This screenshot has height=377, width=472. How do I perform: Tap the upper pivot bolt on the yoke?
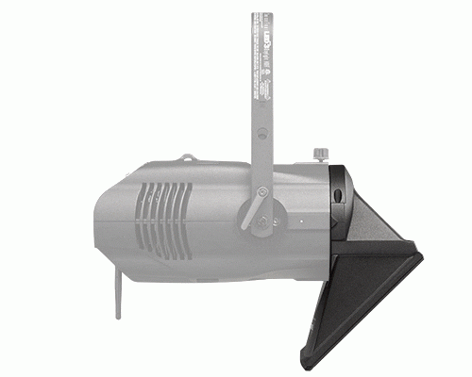coord(264,193)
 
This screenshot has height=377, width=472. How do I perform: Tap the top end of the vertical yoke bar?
coord(261,14)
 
